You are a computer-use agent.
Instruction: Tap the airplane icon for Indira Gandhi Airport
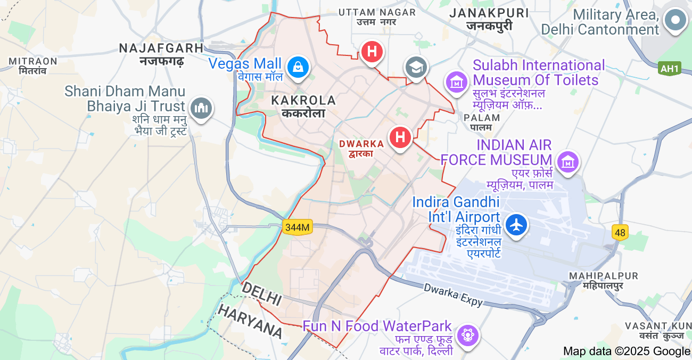[x=515, y=224]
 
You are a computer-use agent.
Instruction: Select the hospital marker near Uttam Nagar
[x=372, y=52]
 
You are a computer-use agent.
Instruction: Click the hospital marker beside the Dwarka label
[x=400, y=137]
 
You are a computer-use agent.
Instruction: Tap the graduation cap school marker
[x=416, y=67]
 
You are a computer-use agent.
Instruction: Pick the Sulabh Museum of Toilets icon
[x=456, y=82]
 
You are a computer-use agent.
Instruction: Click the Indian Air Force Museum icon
[x=567, y=161]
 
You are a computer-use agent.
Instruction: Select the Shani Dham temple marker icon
[x=201, y=108]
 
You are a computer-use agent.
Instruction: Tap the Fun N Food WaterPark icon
[x=468, y=335]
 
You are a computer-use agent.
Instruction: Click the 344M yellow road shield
[x=297, y=227]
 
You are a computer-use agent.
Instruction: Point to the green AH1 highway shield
[x=669, y=68]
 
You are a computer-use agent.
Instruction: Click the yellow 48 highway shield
[x=620, y=232]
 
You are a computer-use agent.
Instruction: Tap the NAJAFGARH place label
[x=161, y=48]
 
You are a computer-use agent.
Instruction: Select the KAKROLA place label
[x=303, y=101]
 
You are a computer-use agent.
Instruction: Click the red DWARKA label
[x=361, y=144]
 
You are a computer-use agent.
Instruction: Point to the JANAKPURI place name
[x=489, y=13]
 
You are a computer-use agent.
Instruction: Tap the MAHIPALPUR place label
[x=603, y=276]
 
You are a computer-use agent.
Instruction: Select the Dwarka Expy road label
[x=453, y=294]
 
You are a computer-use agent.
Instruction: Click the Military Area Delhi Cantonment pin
[x=675, y=20]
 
